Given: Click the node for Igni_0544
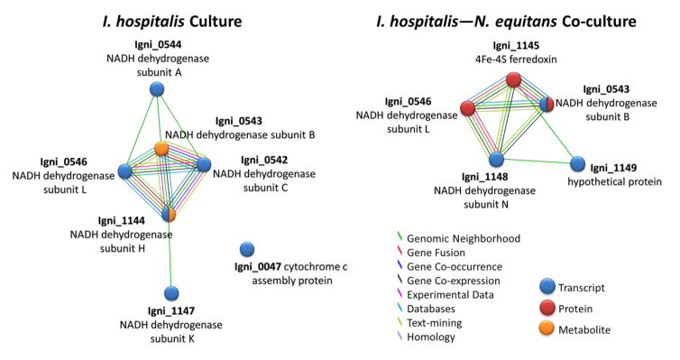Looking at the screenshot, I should (157, 88).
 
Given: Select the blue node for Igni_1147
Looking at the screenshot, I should (171, 293).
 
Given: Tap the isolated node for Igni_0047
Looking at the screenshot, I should (246, 249).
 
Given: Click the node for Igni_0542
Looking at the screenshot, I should (204, 164).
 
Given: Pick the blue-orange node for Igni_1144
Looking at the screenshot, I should (170, 214).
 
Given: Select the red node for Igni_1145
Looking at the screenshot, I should (513, 80).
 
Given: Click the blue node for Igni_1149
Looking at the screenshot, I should (577, 164).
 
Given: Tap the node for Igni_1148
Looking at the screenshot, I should (496, 159).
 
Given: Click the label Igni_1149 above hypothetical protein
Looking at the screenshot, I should (613, 168).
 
